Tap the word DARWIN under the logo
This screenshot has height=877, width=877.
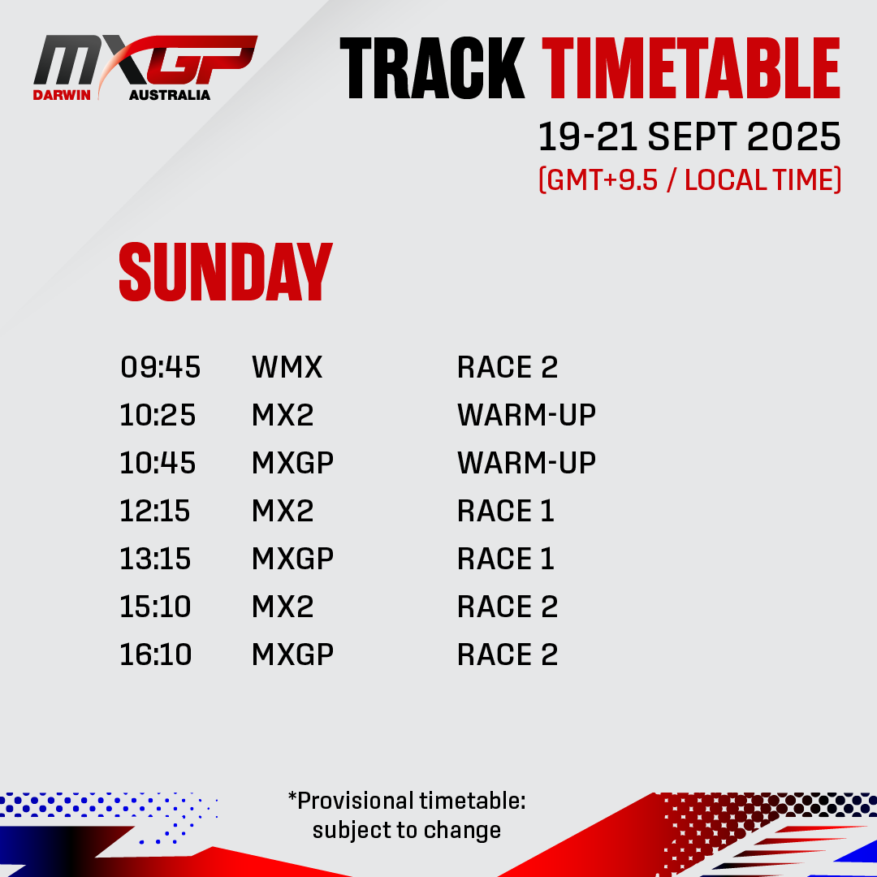pyautogui.click(x=62, y=95)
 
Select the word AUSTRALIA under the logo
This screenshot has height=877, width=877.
pyautogui.click(x=170, y=95)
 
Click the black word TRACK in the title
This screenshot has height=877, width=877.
pyautogui.click(x=432, y=68)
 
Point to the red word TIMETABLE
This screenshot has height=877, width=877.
pyautogui.click(x=691, y=68)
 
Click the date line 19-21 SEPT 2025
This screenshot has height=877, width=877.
pyautogui.click(x=689, y=136)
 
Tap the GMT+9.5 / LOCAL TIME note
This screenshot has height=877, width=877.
pyautogui.click(x=689, y=180)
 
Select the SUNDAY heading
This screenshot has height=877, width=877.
pyautogui.click(x=226, y=272)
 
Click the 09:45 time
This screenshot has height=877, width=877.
pyautogui.click(x=161, y=368)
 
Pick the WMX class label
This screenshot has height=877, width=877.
pyautogui.click(x=287, y=368)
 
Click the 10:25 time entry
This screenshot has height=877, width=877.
pyautogui.click(x=158, y=416)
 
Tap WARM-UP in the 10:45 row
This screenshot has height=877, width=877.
pyautogui.click(x=526, y=463)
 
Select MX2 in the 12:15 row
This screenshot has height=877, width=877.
pyautogui.click(x=283, y=512)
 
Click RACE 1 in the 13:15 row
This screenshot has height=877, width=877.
pyautogui.click(x=506, y=559)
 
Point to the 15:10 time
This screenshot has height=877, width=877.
pyautogui.click(x=155, y=607)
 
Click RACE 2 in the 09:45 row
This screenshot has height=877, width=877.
pyautogui.click(x=508, y=368)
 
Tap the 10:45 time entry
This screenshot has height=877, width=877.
pyautogui.click(x=158, y=463)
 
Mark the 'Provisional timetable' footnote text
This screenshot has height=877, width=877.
pyautogui.click(x=407, y=816)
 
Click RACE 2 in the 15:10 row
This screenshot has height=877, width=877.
pyautogui.click(x=508, y=607)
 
